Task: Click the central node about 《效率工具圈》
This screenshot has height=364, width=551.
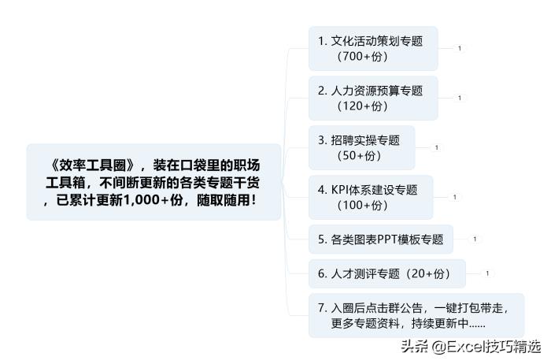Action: click(154, 182)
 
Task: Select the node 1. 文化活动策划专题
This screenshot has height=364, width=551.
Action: click(373, 49)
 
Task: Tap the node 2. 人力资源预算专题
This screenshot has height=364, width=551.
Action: click(373, 98)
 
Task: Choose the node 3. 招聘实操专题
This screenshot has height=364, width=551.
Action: click(361, 147)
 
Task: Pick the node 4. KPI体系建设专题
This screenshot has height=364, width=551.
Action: click(371, 197)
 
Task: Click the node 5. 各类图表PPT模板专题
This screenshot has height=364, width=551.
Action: click(381, 240)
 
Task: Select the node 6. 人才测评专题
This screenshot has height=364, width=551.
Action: click(387, 273)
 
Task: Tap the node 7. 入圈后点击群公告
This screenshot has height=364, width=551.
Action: click(416, 315)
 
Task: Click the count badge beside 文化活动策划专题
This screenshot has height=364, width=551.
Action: click(459, 49)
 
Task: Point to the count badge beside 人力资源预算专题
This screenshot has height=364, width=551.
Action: click(459, 98)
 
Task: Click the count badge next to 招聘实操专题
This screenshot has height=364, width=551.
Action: click(436, 147)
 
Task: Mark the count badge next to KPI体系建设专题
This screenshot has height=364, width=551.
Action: click(454, 197)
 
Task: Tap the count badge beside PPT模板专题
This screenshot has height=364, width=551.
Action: click(475, 240)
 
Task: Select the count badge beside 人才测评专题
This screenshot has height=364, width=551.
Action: click(487, 273)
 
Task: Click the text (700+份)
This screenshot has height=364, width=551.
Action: click(362, 56)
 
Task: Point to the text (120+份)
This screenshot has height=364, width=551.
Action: click(362, 106)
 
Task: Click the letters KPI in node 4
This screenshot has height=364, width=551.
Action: click(340, 190)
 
